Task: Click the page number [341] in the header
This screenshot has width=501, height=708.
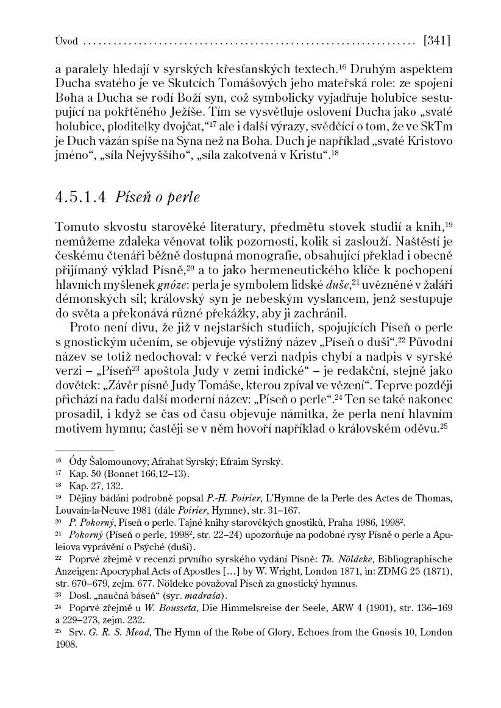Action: click(x=436, y=41)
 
